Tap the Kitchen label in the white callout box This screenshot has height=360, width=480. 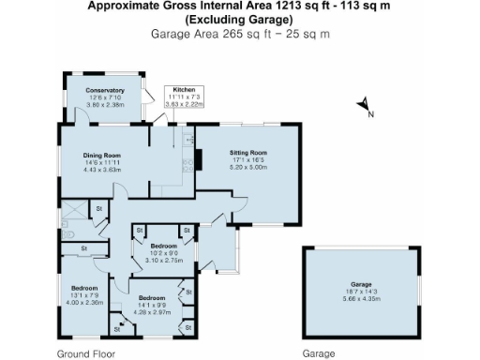click(x=183, y=89)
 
